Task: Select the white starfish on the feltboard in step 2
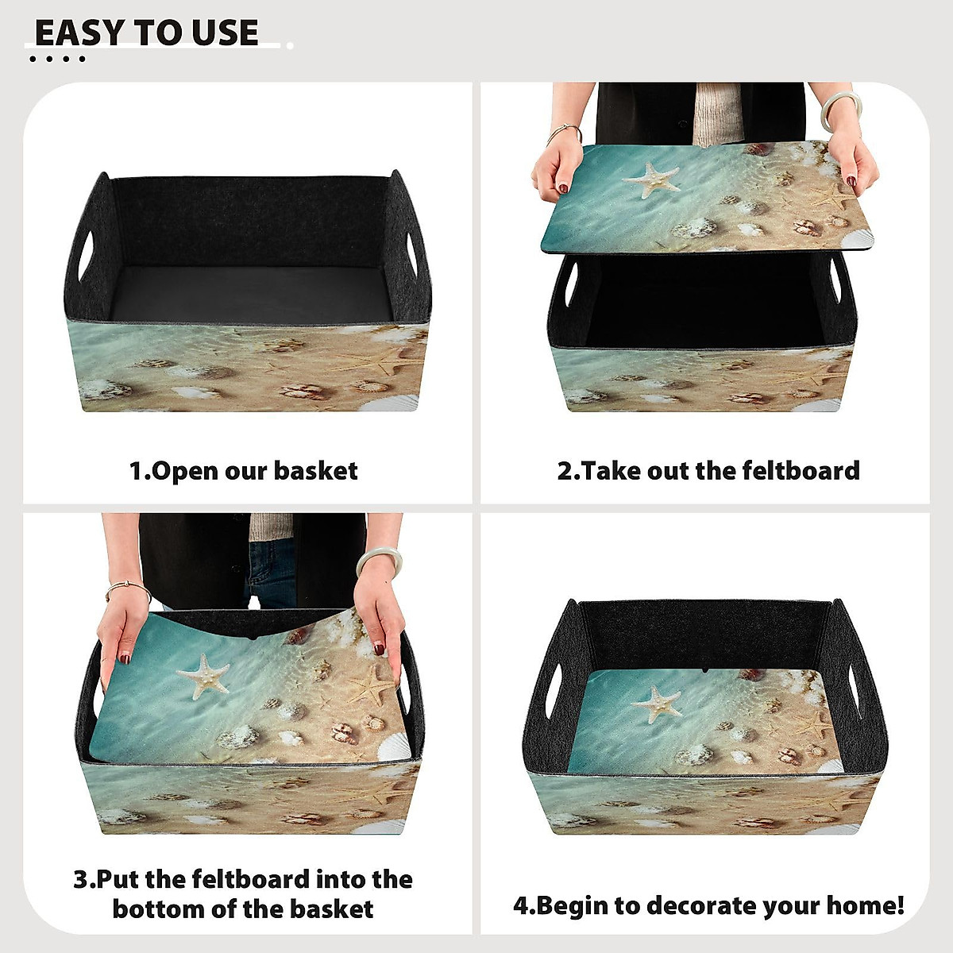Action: (651, 179)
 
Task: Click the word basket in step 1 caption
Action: (315, 471)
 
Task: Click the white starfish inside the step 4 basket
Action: (657, 704)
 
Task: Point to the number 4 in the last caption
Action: (521, 905)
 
